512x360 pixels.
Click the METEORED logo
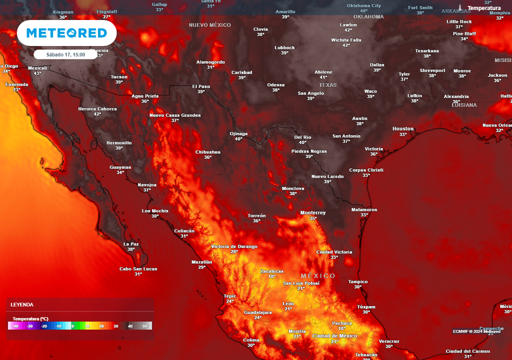coord(66,33)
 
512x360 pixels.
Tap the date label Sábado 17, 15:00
coord(65,54)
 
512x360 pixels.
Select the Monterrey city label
coord(313,212)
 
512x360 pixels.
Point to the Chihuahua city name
coord(207,151)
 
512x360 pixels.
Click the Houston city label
coord(403,128)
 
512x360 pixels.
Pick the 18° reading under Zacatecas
coord(271,276)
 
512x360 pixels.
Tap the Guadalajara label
coord(257,312)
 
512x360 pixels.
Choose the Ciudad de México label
coord(334,335)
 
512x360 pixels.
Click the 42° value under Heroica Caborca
coord(97,114)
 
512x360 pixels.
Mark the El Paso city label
coord(201,86)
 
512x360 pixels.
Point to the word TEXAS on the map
coord(328,85)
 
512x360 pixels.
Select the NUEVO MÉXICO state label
coord(209,24)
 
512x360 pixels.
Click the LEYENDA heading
coord(22,304)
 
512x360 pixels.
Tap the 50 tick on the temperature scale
coord(144,326)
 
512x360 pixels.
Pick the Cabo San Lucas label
coord(138,268)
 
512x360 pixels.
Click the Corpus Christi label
coord(366,170)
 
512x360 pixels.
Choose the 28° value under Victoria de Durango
coord(234,252)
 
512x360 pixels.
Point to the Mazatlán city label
coord(202,261)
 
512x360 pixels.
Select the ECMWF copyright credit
coord(476,331)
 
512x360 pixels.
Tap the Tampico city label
coord(358,281)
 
